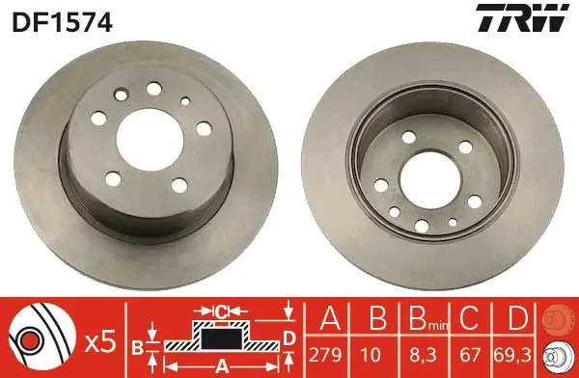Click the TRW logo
[520, 18]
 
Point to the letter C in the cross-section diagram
[220, 311]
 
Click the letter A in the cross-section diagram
[220, 364]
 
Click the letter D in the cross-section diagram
[289, 337]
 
